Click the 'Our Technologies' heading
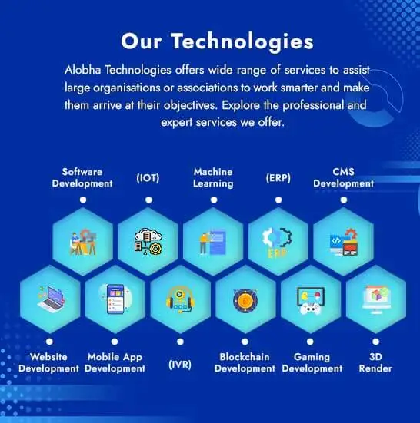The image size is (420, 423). tap(217, 41)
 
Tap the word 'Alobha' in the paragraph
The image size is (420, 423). tap(83, 70)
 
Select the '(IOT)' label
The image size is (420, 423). tap(148, 178)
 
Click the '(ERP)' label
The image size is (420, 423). tap(278, 178)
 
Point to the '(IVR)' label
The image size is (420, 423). tap(180, 365)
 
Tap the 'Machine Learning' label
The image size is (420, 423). tap(213, 178)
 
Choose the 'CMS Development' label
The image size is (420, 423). tap(344, 178)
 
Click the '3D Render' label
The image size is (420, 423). tap(375, 362)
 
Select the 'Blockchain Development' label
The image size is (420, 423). tap(245, 362)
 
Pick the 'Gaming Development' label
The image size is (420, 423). tap(312, 362)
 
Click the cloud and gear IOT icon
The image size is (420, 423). tap(148, 242)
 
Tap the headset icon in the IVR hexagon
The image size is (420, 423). tap(180, 299)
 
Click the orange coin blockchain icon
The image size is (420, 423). tap(245, 300)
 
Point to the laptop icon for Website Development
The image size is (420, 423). tap(52, 299)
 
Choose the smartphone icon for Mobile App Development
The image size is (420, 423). tap(115, 299)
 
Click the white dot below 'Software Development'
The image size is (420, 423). tap(83, 200)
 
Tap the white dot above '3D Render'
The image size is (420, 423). tap(375, 342)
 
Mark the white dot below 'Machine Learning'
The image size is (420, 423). tap(214, 200)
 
